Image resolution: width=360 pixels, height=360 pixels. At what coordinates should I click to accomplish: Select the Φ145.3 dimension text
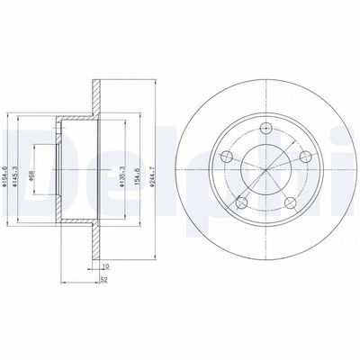[x=19, y=168]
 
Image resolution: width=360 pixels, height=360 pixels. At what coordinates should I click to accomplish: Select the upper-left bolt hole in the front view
[x=227, y=157]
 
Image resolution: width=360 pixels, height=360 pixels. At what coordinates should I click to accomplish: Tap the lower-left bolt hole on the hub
[x=242, y=202]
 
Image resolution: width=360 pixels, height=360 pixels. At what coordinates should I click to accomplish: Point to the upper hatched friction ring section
[x=93, y=96]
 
